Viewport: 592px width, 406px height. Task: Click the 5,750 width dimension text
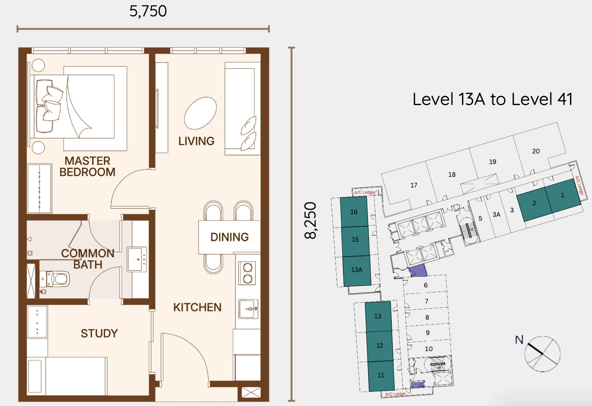[148, 11]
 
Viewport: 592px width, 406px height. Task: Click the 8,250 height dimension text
[310, 220]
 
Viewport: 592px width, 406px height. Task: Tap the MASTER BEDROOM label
[88, 167]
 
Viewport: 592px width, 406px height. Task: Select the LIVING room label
[196, 141]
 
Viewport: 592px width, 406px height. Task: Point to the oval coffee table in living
[200, 113]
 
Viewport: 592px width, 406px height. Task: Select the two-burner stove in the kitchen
[247, 273]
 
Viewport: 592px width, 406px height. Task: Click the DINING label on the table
[230, 237]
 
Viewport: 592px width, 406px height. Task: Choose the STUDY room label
[99, 333]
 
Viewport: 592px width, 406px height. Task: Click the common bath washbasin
[137, 259]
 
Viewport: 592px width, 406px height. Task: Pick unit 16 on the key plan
[354, 212]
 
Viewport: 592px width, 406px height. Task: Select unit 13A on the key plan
[357, 270]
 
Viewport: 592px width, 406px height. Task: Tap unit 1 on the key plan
[563, 195]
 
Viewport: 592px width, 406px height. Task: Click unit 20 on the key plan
[536, 151]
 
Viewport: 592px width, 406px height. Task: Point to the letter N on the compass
[519, 340]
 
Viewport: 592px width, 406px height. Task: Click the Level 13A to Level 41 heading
[492, 99]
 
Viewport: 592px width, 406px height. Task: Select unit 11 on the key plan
[381, 375]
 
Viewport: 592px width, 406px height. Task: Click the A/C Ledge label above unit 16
[364, 192]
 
